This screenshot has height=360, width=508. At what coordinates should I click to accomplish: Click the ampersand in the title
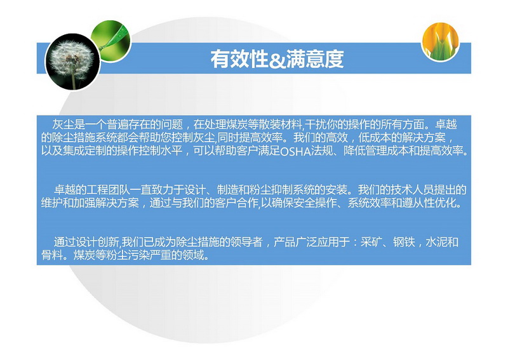[277, 60]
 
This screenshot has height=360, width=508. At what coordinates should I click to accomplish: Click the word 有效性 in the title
[239, 59]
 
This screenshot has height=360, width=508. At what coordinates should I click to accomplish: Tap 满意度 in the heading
[314, 59]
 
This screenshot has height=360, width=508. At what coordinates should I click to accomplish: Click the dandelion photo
[72, 62]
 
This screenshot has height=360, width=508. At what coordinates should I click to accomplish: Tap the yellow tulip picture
[441, 41]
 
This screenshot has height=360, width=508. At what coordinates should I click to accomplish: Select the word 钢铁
[404, 242]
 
